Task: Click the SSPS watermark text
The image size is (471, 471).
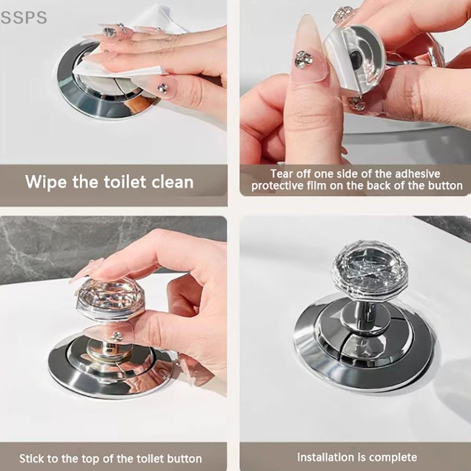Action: (24, 18)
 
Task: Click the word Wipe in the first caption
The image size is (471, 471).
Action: (46, 182)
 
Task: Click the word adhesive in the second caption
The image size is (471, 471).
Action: (417, 174)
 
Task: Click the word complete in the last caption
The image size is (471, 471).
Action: (393, 458)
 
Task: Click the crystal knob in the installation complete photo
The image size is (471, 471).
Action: (370, 270)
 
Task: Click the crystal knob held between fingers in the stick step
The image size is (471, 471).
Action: (111, 298)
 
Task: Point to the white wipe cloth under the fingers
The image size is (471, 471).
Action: (120, 71)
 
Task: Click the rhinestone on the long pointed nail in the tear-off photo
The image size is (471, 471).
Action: (304, 59)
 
